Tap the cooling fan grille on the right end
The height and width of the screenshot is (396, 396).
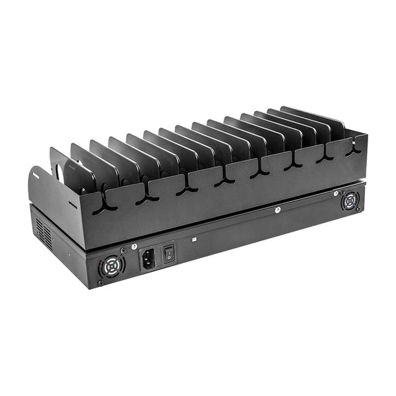(350, 201)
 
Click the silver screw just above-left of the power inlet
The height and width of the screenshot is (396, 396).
(134, 246)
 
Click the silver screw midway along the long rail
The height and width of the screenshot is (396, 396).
(278, 211)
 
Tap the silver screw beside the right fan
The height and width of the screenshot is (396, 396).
(335, 193)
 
